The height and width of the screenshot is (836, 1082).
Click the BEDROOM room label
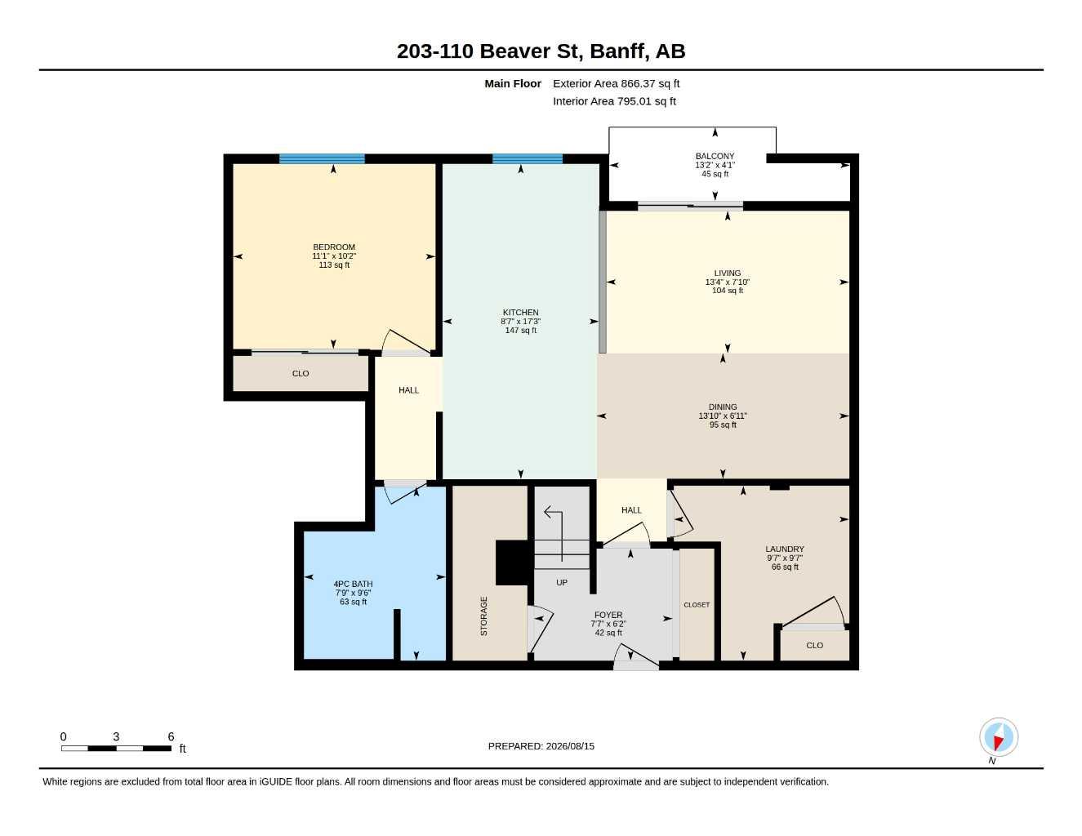click(x=334, y=247)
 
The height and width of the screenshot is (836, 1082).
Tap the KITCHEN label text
click(x=520, y=313)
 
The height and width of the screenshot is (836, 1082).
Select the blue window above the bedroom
click(x=322, y=158)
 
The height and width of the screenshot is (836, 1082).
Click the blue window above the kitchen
click(x=528, y=158)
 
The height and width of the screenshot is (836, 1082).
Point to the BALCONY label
click(x=715, y=156)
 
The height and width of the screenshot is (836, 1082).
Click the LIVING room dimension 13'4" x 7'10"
click(x=728, y=282)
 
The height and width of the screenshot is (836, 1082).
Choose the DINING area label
click(x=723, y=407)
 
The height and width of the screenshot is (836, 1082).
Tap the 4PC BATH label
click(x=353, y=585)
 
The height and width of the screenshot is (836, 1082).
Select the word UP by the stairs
click(x=562, y=582)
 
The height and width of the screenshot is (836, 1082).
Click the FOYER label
click(x=608, y=615)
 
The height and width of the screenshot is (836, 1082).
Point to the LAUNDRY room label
click(x=785, y=549)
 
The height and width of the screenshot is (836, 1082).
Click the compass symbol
click(x=999, y=737)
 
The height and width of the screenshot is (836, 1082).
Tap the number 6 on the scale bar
click(x=171, y=736)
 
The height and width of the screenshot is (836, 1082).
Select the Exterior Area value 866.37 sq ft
click(x=650, y=83)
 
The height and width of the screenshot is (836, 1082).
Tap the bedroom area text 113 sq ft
click(x=334, y=265)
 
